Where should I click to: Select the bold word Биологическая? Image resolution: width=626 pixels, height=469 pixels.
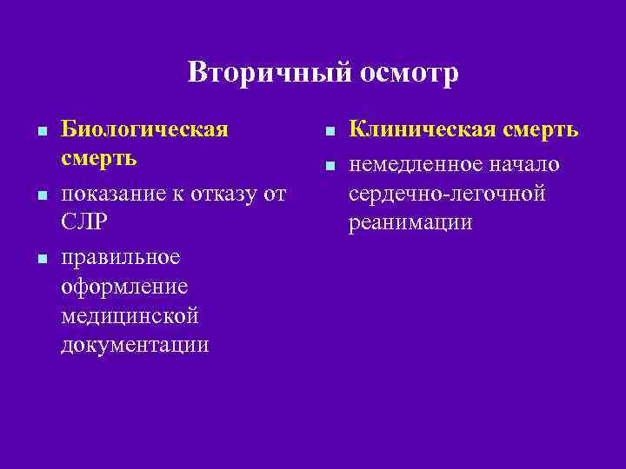(x=145, y=130)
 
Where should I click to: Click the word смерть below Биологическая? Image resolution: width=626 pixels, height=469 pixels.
(x=99, y=161)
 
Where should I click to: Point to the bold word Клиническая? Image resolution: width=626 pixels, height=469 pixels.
(x=423, y=130)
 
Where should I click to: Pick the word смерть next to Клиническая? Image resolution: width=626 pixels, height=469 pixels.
(x=539, y=130)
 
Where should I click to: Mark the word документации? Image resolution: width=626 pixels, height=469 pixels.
(x=135, y=346)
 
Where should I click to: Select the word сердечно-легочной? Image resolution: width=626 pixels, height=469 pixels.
(x=447, y=192)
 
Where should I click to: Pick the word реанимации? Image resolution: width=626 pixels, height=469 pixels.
(x=410, y=223)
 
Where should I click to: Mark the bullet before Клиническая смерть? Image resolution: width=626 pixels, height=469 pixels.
(x=330, y=132)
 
